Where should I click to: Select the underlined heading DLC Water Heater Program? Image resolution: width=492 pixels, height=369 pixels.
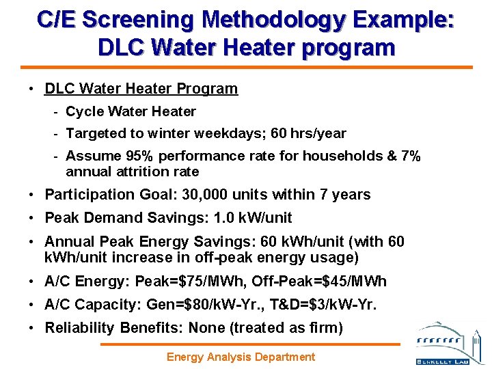pyautogui.click(x=141, y=89)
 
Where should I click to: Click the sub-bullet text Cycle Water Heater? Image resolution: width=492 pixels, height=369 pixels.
pyautogui.click(x=131, y=111)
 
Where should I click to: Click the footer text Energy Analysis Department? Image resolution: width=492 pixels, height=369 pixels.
pyautogui.click(x=241, y=357)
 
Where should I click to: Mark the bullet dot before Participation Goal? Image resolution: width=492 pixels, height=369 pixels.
pyautogui.click(x=32, y=195)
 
